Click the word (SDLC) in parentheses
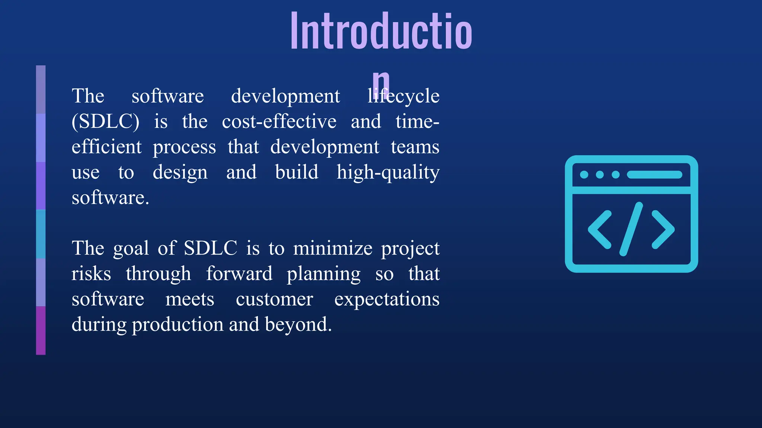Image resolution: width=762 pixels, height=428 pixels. [105, 122]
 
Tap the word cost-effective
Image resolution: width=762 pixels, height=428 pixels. [279, 122]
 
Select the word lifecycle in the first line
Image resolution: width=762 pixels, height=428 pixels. [403, 97]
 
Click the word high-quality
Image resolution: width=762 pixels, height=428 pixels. [388, 173]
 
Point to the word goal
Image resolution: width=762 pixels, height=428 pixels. [131, 249]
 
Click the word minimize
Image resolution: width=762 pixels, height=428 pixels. [333, 249]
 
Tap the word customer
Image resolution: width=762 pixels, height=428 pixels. [274, 299]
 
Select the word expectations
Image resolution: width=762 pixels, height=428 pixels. [387, 299]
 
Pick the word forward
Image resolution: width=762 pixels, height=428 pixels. [239, 274]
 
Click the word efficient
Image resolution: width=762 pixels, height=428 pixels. [106, 147]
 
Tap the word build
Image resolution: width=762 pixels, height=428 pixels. [297, 172]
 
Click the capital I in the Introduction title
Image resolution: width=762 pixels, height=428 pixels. [295, 31]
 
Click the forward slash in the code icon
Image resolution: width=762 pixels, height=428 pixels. [631, 229]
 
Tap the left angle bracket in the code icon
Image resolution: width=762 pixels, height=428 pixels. [599, 229]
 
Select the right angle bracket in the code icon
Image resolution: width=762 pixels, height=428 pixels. [663, 229]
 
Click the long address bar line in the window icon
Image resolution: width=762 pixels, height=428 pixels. [654, 175]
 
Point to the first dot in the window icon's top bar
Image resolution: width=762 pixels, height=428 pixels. [584, 175]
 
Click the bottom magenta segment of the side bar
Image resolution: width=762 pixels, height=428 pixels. [41, 330]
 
